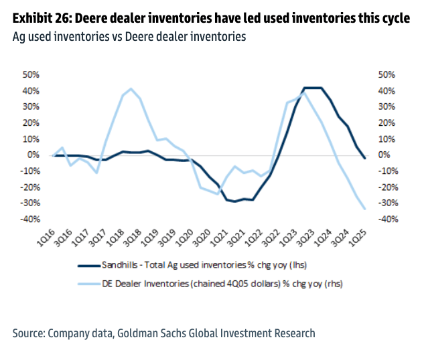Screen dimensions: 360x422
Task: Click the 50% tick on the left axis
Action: (31, 74)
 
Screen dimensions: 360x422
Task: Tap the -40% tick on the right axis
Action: (390, 219)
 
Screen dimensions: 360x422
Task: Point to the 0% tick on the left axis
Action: (33, 155)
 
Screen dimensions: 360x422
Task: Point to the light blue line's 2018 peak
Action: (131, 88)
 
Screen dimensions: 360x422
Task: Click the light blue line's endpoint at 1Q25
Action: (364, 209)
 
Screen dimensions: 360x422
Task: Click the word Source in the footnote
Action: (29, 333)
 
